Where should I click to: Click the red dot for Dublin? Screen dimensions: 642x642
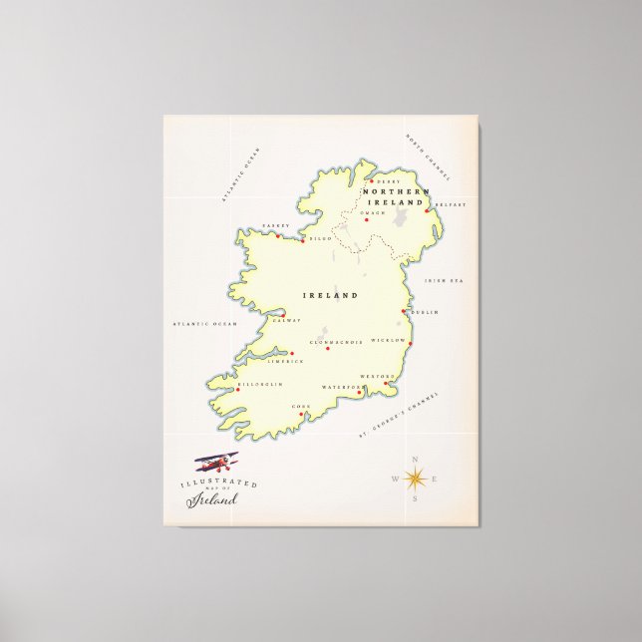(x=403, y=311)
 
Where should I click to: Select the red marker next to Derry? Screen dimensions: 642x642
(x=370, y=181)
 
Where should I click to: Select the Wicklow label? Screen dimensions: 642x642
(x=386, y=340)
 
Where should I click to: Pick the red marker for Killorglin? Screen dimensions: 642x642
(x=238, y=385)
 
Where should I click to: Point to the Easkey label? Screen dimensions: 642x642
(x=275, y=225)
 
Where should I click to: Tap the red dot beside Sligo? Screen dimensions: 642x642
(x=303, y=239)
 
